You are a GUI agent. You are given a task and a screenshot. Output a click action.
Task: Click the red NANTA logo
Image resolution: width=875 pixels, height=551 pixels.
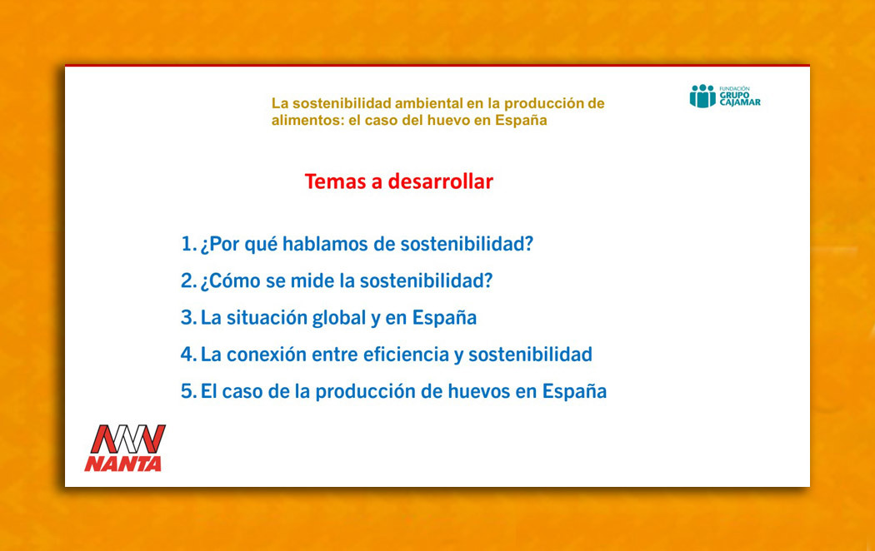[125, 448]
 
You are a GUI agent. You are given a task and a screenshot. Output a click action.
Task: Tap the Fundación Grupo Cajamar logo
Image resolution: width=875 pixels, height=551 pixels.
[725, 96]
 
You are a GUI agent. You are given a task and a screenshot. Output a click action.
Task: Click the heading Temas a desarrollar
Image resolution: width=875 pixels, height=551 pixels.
[399, 181]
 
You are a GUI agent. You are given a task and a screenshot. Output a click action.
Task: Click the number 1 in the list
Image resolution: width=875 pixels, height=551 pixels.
[187, 244]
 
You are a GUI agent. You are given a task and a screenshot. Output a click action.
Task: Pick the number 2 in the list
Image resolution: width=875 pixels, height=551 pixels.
[187, 280]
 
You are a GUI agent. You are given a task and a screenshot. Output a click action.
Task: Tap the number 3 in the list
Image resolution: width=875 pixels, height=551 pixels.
[187, 318]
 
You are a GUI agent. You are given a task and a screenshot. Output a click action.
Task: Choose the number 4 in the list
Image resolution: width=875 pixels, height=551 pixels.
[187, 355]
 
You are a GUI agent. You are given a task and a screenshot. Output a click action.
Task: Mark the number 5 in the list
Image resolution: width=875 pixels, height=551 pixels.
[187, 391]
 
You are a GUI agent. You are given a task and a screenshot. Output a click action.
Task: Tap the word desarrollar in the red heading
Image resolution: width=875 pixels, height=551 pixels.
[441, 181]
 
